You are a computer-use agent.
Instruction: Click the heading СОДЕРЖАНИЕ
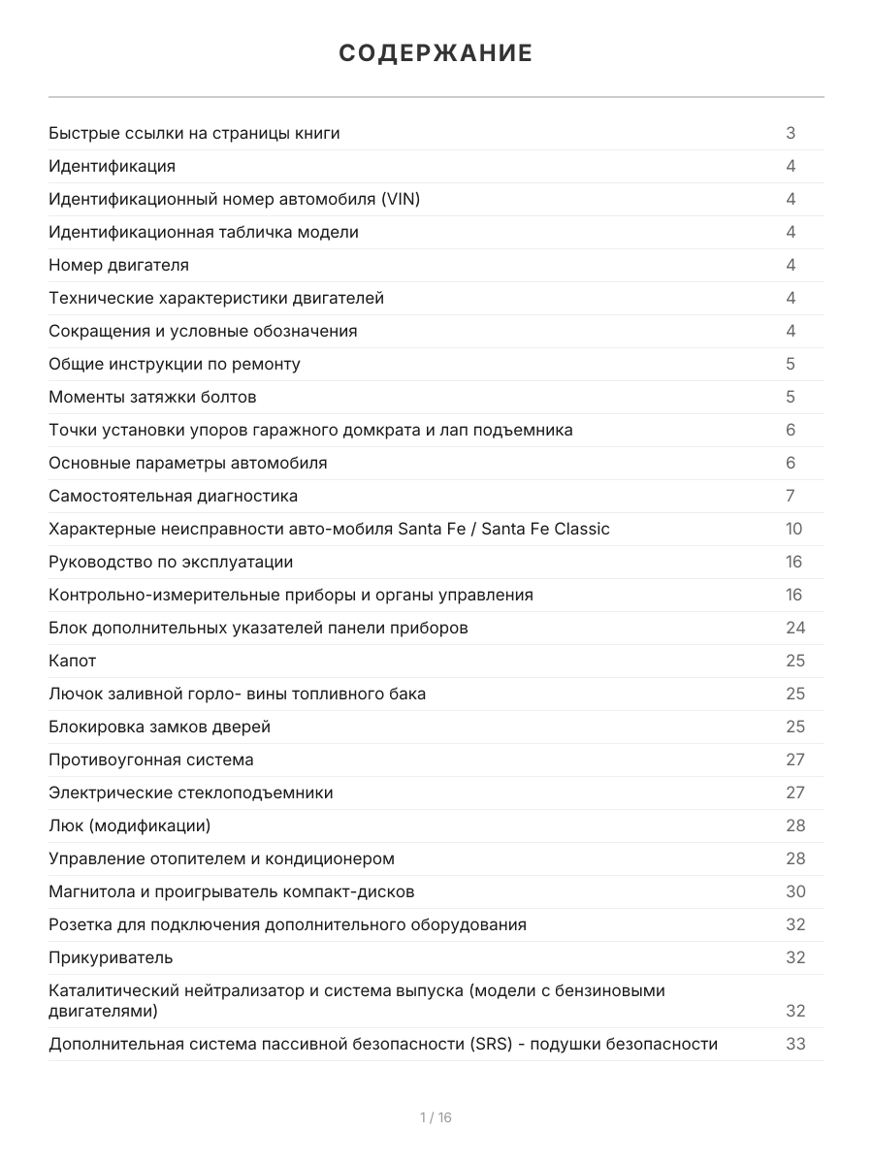point(436,53)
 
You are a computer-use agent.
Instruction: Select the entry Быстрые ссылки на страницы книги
point(194,133)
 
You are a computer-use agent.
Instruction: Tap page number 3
point(791,133)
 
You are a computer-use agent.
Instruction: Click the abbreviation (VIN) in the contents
point(401,199)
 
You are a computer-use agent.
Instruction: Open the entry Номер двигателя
point(118,265)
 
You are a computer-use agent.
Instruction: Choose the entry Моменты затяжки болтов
point(152,397)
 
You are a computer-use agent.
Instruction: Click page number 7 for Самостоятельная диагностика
point(791,496)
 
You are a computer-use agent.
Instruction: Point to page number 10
point(794,529)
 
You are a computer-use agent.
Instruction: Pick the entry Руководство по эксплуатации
point(171,562)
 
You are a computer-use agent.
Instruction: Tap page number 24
point(795,628)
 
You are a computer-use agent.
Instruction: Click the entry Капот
point(73,661)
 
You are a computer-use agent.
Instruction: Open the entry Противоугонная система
point(151,760)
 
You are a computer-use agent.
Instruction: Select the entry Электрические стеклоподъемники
point(191,792)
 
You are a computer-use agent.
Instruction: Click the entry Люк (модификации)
point(129,825)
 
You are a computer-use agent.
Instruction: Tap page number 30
point(795,891)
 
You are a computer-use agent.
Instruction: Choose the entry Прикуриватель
point(111,957)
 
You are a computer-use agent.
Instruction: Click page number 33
point(795,1044)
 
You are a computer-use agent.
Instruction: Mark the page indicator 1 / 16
point(436,1117)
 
